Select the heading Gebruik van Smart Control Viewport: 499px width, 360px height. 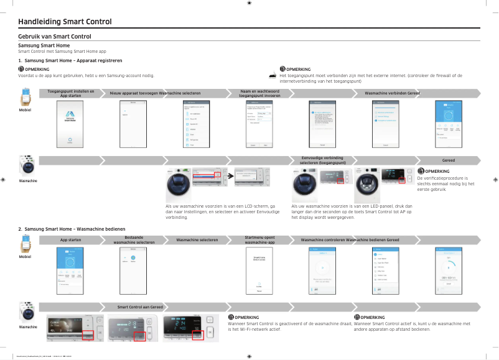[55, 37]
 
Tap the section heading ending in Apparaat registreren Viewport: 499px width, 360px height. [70, 60]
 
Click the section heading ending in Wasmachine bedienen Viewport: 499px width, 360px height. [72, 230]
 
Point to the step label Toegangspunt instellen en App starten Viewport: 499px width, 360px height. [71, 93]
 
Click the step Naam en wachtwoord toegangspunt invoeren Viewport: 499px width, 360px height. [259, 93]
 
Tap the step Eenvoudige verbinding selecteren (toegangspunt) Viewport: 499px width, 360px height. [322, 160]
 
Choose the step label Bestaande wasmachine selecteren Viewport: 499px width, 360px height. [133, 239]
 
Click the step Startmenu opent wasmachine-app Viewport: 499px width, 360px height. [259, 239]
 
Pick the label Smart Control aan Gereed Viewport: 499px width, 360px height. [141, 307]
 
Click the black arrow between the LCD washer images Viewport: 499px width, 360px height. [230, 177]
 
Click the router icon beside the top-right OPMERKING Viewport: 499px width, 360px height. [273, 75]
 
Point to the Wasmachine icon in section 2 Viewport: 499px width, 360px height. [26, 312]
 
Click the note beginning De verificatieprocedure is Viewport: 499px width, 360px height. [445, 183]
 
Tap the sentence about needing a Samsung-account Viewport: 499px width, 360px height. [86, 76]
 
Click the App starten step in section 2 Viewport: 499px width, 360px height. [70, 239]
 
